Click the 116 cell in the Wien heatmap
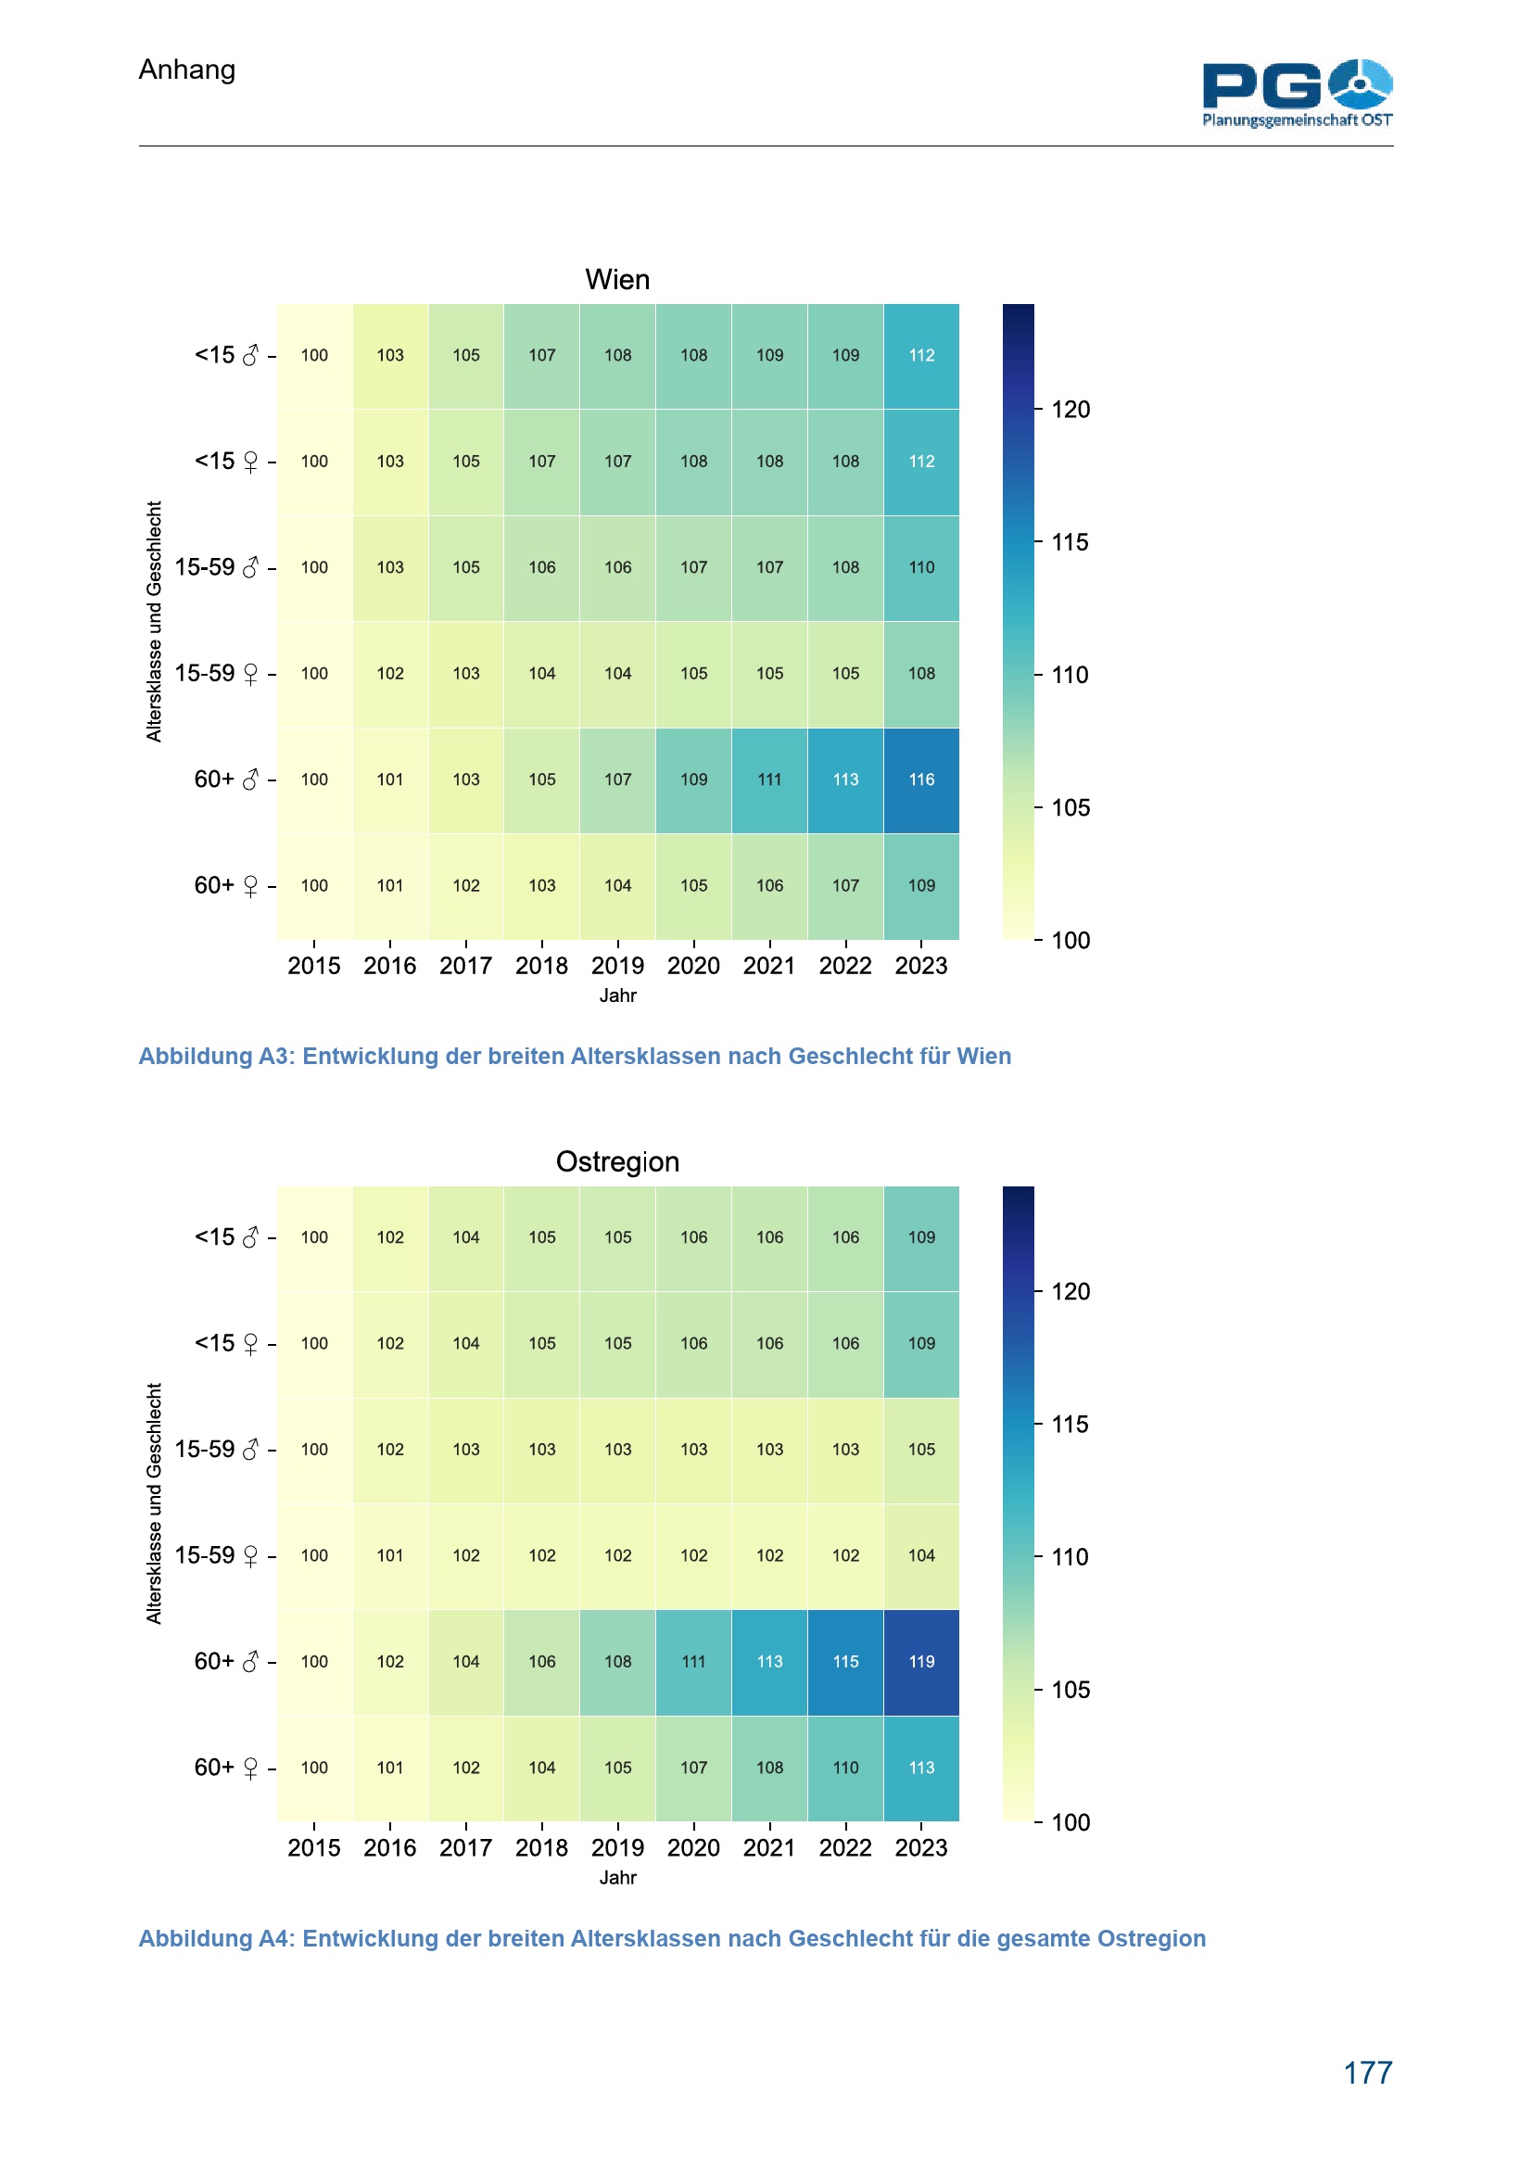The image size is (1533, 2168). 921,780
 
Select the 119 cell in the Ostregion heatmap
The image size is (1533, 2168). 921,1662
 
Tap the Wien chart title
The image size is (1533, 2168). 617,280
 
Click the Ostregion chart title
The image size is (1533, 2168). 617,1161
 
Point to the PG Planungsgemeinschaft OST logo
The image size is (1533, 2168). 1297,93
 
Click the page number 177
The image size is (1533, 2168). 1367,2073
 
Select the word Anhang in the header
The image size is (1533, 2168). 187,70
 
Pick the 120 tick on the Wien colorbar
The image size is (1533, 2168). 1071,410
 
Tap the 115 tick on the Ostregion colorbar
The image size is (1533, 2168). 1071,1424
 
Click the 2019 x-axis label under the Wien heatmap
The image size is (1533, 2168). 617,966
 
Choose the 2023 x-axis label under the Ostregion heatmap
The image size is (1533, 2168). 921,1848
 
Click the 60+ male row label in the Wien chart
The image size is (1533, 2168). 226,780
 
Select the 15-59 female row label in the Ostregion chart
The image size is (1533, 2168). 217,1555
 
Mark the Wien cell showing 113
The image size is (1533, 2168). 846,780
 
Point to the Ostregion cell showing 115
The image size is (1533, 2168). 846,1662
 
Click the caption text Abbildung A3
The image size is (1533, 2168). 574,1056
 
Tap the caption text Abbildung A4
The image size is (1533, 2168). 671,1938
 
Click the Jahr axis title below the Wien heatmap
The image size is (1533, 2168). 617,995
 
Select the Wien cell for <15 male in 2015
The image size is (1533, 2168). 314,356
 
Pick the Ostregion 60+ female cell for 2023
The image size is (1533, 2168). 921,1768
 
